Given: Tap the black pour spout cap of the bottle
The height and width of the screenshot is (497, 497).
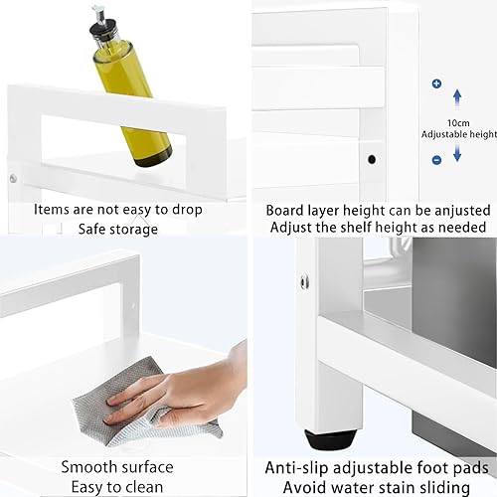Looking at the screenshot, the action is (100, 28).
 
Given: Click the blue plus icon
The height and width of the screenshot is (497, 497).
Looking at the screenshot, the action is (436, 83).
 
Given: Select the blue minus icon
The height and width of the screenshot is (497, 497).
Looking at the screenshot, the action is (436, 160).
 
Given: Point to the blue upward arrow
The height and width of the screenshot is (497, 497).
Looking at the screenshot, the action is (457, 98).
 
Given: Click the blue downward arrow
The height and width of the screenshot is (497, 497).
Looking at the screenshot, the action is (457, 152).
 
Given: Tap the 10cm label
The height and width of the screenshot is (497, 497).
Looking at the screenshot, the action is (458, 123).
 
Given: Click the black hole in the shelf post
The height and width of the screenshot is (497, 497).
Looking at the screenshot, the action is (372, 160).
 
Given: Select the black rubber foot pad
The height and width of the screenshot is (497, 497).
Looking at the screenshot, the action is (330, 439).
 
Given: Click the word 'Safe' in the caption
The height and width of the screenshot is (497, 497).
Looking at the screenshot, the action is (91, 229).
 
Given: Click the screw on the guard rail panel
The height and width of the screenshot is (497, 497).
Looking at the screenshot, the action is (13, 179).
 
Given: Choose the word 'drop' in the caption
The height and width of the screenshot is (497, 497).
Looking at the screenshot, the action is (187, 211).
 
